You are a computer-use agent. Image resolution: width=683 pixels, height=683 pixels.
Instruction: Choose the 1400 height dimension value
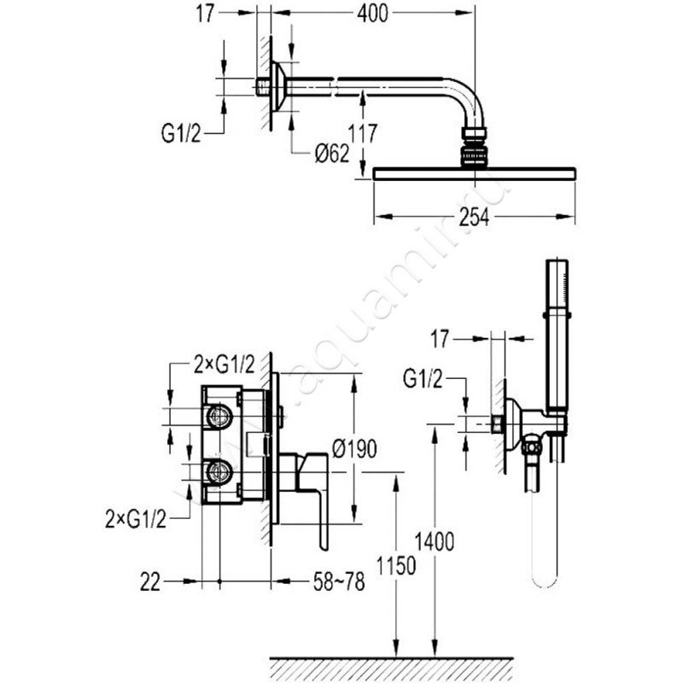pos(436,540)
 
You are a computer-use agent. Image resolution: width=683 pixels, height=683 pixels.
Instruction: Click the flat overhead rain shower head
pos(474,174)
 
